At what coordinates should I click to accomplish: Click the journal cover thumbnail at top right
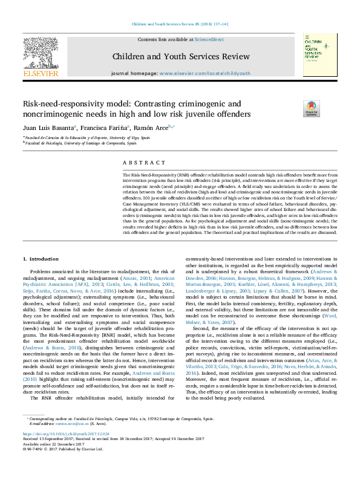pyautogui.click(x=321, y=55)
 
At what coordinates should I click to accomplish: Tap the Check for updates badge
pyautogui.click(x=311, y=108)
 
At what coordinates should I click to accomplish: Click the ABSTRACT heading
pyautogui.click(x=143, y=163)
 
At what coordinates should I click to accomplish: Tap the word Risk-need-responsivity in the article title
pyautogui.click(x=64, y=103)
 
